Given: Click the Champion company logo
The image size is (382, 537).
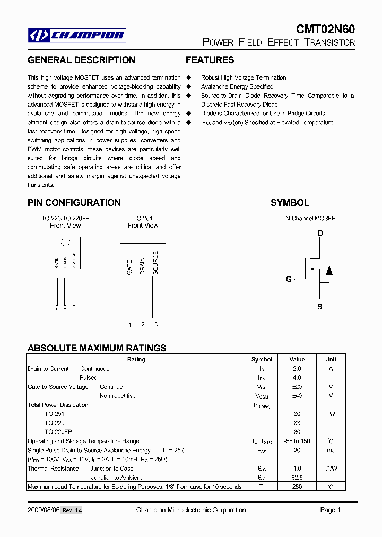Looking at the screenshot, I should click(77, 36).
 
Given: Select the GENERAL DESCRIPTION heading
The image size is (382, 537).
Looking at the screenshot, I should click(81, 60).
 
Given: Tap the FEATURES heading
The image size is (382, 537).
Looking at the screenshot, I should click(210, 60).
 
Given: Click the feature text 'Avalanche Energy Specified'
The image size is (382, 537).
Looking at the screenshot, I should click(237, 86).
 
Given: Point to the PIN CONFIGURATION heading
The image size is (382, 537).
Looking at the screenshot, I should click(74, 203).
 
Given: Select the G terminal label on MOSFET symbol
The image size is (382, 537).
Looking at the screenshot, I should click(289, 279).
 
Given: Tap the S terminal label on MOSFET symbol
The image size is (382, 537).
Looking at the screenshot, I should click(320, 307).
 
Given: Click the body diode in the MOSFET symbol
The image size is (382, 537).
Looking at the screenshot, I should click(329, 271).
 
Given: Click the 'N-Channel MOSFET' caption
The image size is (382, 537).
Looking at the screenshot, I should click(312, 218).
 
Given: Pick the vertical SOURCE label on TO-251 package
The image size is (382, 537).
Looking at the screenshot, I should click(155, 262).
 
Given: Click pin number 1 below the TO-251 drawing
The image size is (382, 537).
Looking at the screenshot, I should click(130, 324).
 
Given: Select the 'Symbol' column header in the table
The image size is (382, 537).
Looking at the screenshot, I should click(262, 359).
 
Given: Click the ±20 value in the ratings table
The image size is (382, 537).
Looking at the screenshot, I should click(297, 387).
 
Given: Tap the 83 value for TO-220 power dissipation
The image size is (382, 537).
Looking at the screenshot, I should click(297, 423).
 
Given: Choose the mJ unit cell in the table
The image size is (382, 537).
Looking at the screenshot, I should click(331, 450).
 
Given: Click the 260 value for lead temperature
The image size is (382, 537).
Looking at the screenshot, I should click(297, 486).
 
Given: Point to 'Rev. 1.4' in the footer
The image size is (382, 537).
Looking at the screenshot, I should click(72, 510).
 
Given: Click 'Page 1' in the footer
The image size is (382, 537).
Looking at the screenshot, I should click(330, 510).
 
